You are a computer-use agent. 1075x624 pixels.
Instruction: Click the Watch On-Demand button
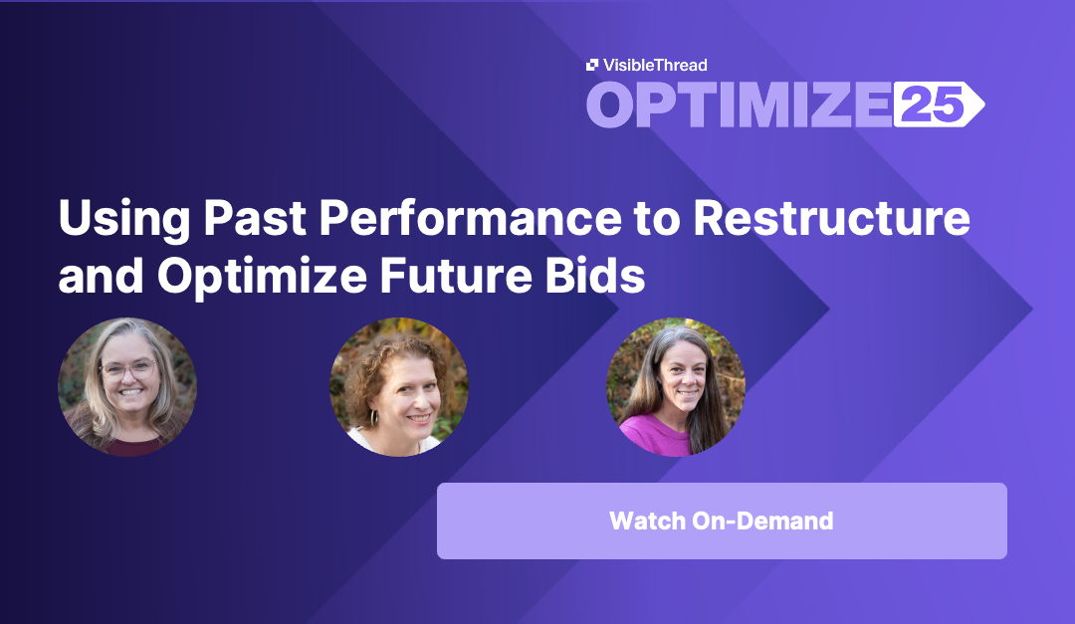(x=722, y=520)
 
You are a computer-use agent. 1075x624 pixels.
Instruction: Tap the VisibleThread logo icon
(x=592, y=65)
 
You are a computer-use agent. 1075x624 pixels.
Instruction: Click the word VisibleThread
(x=655, y=65)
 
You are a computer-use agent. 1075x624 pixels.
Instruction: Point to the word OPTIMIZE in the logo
(x=739, y=104)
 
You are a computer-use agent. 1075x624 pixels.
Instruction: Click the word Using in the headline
(x=124, y=219)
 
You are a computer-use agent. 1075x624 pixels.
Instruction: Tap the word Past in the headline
(x=255, y=218)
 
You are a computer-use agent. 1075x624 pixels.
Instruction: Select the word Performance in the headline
(x=470, y=218)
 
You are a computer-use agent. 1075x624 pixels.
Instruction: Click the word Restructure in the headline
(x=831, y=218)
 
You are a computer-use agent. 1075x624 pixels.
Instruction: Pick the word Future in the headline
(x=456, y=276)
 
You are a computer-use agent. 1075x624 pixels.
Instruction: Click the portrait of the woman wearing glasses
(x=127, y=387)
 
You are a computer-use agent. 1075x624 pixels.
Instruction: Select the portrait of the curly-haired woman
(x=399, y=387)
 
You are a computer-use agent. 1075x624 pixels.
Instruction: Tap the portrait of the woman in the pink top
(x=675, y=387)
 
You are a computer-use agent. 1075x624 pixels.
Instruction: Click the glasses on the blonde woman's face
(x=128, y=370)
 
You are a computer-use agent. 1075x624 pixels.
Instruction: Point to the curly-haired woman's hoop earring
(x=374, y=418)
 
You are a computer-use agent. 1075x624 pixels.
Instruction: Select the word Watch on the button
(x=647, y=520)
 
